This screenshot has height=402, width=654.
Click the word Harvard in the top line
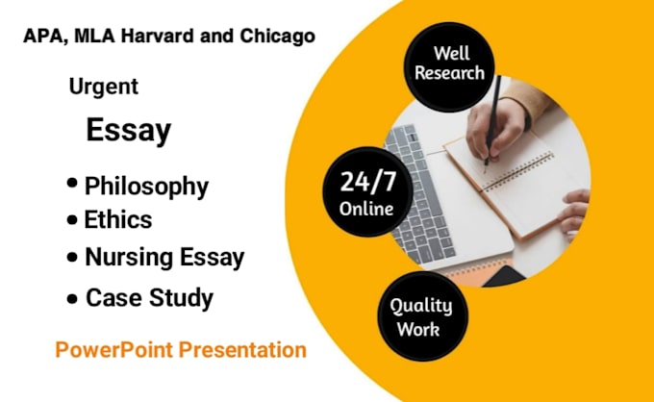pos(158,36)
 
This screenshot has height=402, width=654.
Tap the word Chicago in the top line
pos(277,37)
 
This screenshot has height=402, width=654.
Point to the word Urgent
pos(104,87)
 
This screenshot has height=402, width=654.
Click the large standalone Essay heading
pos(129,130)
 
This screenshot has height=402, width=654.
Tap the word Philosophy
pos(146,186)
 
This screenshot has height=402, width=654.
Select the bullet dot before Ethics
pos(72,220)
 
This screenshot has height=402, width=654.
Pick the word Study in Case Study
pos(181,298)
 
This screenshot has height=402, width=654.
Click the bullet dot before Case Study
pos(72,298)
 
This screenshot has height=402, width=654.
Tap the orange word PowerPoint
pos(113,349)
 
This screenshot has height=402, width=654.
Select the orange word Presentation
pos(242,349)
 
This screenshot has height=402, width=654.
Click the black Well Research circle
pos(450,66)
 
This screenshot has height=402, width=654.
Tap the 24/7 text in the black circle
pos(367,182)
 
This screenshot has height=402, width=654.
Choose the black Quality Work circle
pos(423,316)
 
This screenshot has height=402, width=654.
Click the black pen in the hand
pos(492,121)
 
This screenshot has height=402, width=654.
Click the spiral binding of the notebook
pos(516,172)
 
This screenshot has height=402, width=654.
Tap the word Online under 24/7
pos(366,209)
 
